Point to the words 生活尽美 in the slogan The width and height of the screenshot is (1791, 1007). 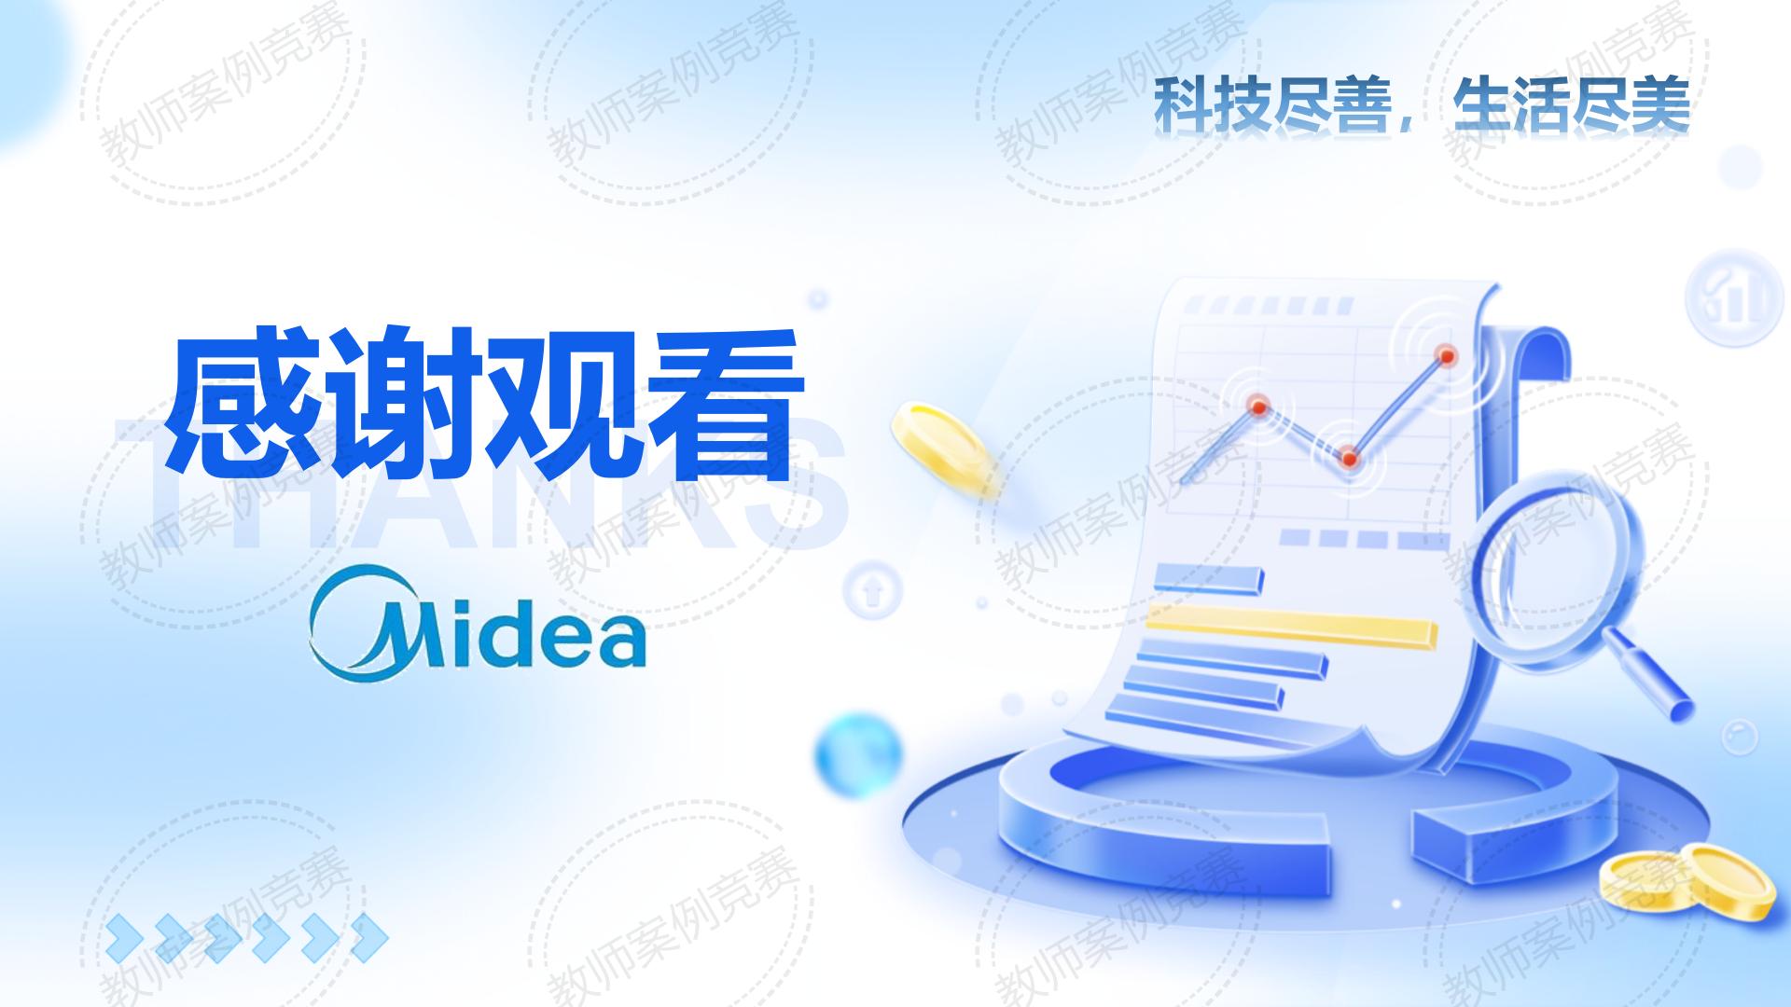pos(1572,106)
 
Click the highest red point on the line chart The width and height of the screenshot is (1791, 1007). pos(1447,354)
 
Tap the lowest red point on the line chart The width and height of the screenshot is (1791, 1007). pos(1348,458)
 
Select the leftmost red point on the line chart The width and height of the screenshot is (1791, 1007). pos(1258,406)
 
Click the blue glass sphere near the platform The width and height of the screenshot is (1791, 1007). pos(857,755)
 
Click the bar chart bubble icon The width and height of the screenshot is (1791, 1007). pos(1728,297)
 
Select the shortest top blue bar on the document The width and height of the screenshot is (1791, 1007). pos(1209,578)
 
